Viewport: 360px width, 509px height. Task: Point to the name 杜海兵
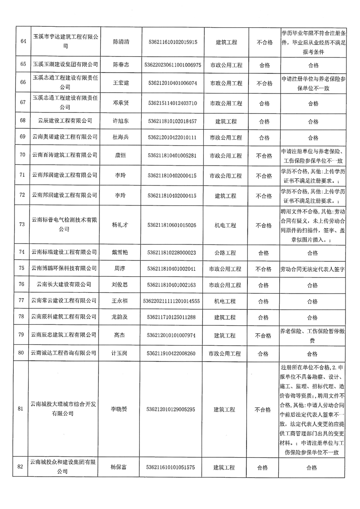tap(121, 137)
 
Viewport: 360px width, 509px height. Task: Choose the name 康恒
tap(121, 156)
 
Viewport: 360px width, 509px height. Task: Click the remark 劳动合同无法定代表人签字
tap(313, 269)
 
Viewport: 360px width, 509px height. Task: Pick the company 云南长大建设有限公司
tap(65, 285)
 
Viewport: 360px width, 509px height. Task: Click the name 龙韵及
tap(121, 317)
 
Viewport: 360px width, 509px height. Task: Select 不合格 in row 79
tap(264, 336)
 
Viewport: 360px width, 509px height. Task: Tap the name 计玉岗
tap(121, 353)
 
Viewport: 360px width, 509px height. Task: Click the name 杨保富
tap(121, 467)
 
